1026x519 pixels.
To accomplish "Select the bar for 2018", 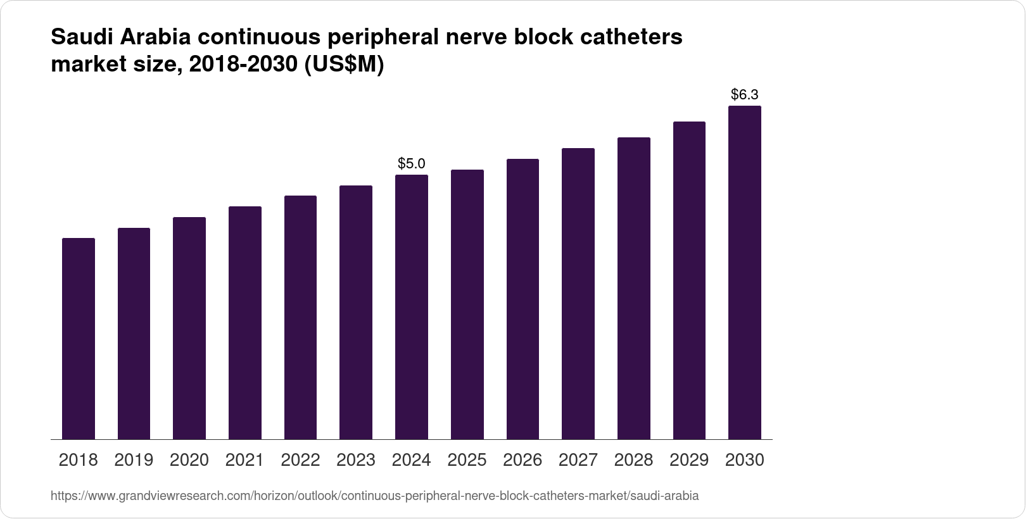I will pyautogui.click(x=79, y=339).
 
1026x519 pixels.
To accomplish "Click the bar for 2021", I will pyautogui.click(x=245, y=323).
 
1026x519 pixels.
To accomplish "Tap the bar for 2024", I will pyautogui.click(x=412, y=307).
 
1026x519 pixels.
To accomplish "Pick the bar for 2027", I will pyautogui.click(x=578, y=294).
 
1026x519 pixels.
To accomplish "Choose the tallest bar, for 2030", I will pyautogui.click(x=745, y=272).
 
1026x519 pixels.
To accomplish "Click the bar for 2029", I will pyautogui.click(x=689, y=280).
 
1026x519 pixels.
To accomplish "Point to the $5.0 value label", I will pyautogui.click(x=412, y=164).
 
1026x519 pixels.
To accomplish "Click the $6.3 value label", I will pyautogui.click(x=745, y=95).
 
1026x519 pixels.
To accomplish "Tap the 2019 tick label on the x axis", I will pyautogui.click(x=134, y=460).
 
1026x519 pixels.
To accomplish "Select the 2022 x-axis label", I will pyautogui.click(x=300, y=460).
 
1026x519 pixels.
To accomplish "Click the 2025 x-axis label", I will pyautogui.click(x=467, y=460).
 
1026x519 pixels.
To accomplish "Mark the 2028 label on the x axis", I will pyautogui.click(x=633, y=460).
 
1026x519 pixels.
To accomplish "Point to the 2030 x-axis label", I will pyautogui.click(x=745, y=460).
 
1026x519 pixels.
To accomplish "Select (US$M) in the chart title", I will pyautogui.click(x=345, y=65).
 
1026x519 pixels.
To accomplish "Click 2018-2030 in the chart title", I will pyautogui.click(x=244, y=65).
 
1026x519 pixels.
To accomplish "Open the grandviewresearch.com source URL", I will pyautogui.click(x=374, y=496).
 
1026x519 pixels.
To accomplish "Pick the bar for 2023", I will pyautogui.click(x=356, y=312).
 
